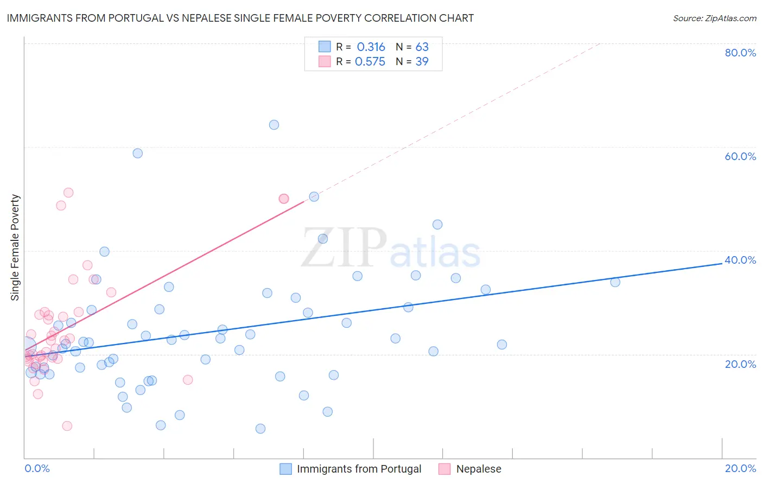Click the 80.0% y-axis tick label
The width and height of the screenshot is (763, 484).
point(740,53)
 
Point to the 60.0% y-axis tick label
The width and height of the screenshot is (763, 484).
point(740,156)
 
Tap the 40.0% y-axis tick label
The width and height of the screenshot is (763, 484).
point(740,260)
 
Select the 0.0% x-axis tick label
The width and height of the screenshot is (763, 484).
point(37,468)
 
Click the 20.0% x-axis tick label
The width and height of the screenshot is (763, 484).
point(740,468)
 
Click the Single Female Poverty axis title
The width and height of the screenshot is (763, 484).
point(15,247)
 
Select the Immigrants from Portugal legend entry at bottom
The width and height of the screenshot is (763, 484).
point(359,469)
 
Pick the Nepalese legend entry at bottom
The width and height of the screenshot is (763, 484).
point(478,469)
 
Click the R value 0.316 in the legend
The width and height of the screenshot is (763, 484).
point(371,47)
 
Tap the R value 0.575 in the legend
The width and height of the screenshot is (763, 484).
point(370,62)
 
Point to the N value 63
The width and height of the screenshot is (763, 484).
point(422,47)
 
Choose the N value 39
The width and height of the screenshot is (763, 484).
point(422,62)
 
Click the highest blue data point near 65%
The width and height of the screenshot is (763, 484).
point(274,125)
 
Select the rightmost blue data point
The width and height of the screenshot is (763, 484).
point(615,282)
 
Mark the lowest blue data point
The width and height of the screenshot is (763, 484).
point(260,429)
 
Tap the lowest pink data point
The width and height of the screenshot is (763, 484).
point(67,426)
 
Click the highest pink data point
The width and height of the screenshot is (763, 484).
point(68,193)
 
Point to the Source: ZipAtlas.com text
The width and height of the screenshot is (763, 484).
point(714,18)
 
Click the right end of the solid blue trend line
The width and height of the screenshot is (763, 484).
point(722,263)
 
